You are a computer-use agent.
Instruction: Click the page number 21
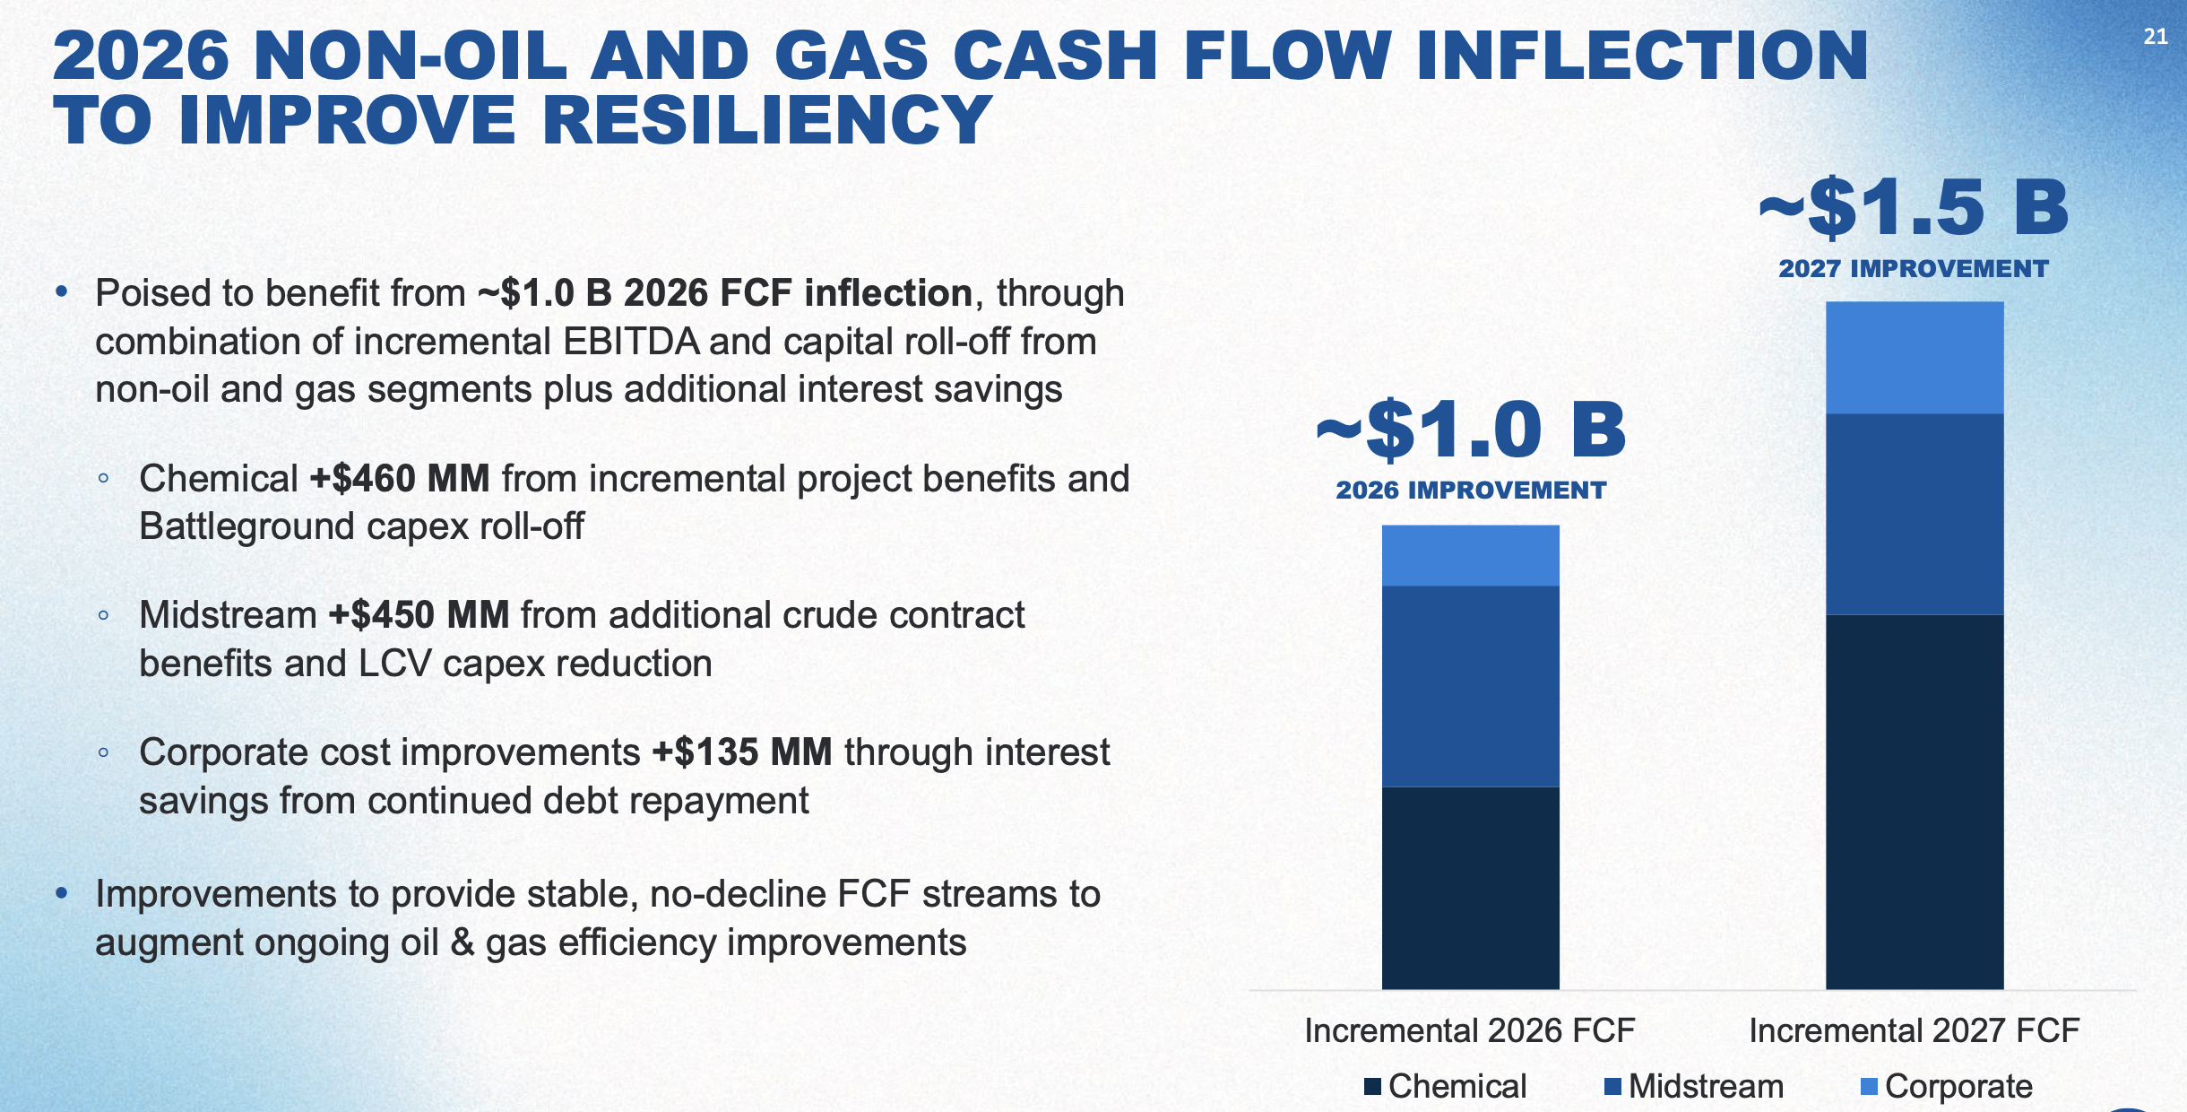pos(2155,37)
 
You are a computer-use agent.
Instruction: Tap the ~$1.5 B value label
pos(1914,208)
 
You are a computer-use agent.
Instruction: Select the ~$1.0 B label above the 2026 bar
pos(1470,430)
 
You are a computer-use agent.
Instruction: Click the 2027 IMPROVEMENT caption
pos(1914,269)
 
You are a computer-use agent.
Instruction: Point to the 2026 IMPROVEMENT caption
pos(1470,491)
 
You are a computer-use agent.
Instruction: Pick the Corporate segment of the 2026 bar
pos(1470,556)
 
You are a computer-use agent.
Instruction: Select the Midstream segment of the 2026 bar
pos(1470,686)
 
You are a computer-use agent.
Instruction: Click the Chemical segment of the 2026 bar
pos(1470,888)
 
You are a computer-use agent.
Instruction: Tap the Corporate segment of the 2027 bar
pos(1914,357)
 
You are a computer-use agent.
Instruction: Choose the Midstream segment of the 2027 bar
pos(1914,514)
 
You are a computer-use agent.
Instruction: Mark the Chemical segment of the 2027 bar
pos(1914,801)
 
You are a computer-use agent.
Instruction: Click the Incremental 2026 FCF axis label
pos(1470,1031)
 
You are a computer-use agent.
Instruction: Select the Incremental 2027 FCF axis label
pos(1914,1031)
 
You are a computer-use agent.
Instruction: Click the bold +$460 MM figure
pos(400,479)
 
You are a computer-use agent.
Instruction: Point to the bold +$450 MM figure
pos(419,615)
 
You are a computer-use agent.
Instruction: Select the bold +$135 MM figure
pos(742,752)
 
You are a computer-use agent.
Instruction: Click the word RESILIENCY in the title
pos(767,121)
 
